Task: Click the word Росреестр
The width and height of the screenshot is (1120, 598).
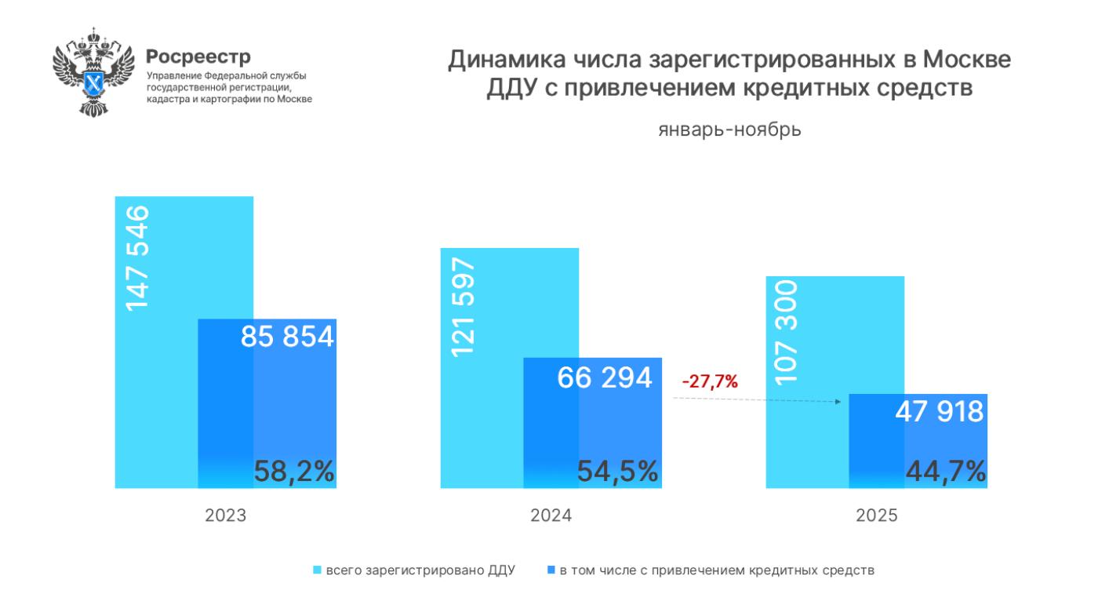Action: click(198, 57)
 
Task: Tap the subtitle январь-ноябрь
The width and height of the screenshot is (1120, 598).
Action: click(729, 129)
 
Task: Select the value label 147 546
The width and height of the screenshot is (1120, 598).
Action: click(136, 257)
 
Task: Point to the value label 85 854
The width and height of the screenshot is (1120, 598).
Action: click(287, 337)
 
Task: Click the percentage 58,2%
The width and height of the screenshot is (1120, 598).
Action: click(294, 472)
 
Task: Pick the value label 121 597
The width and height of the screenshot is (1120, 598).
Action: click(463, 305)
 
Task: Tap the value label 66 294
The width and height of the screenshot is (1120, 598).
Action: click(605, 377)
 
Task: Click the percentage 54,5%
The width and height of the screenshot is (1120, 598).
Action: click(617, 472)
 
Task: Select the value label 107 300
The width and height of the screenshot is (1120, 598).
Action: click(787, 332)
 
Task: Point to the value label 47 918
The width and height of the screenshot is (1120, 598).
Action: click(940, 411)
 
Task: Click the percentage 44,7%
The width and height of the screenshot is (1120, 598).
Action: click(945, 472)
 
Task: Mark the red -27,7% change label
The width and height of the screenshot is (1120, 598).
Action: click(710, 382)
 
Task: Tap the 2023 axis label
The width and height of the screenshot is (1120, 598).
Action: click(226, 516)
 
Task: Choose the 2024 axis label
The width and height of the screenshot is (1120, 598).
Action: click(551, 516)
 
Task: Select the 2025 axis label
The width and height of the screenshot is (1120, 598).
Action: click(877, 516)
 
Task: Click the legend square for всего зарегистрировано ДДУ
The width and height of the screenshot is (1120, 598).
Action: click(318, 571)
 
